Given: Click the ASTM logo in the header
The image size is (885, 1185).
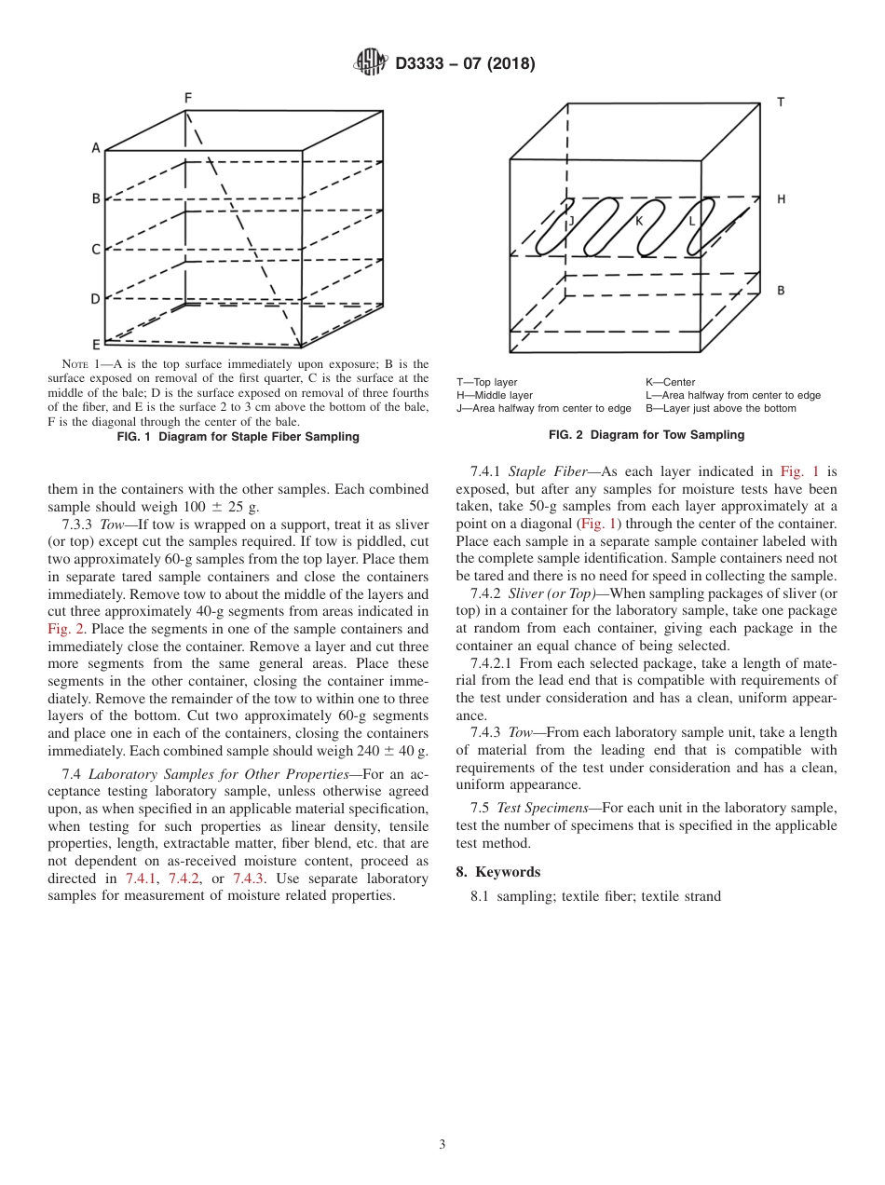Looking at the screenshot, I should tap(371, 62).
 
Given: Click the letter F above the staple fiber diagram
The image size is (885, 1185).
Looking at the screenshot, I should tap(187, 98).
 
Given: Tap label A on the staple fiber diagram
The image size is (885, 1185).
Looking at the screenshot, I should tap(95, 147).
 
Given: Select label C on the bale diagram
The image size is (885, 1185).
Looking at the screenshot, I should tap(95, 250).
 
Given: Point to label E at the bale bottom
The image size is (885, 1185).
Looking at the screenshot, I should tap(95, 344).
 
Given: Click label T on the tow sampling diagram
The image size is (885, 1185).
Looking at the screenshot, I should tap(780, 102).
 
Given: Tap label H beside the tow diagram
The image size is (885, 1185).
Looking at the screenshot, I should tap(781, 199).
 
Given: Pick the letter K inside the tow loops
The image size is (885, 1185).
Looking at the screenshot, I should tap(639, 221).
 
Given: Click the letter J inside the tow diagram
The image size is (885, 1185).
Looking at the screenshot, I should tap(571, 221).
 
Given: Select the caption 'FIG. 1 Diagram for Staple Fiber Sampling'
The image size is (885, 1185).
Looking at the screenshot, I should tap(238, 437).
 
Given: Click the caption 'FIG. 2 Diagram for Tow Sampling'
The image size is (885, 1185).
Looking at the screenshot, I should tap(647, 435).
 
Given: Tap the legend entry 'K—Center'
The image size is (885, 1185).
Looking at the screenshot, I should tap(670, 382).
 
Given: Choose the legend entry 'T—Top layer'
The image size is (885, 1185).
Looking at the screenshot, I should tap(486, 382).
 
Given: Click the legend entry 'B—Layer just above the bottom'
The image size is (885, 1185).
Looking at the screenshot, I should tap(720, 408).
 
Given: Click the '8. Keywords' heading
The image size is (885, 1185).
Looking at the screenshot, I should tap(497, 872).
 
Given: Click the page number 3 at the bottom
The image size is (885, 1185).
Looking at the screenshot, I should tap(442, 1145).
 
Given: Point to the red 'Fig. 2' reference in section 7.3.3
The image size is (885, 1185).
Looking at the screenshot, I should tap(66, 629).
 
